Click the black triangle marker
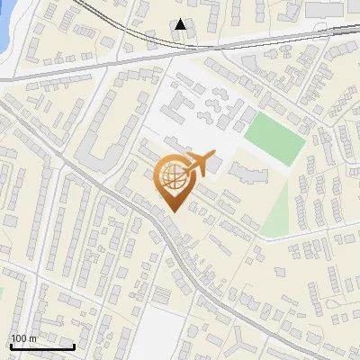182,24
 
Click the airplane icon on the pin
199,166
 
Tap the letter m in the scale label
33,338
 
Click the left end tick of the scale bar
10,346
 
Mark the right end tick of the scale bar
74,346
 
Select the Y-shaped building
244,341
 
